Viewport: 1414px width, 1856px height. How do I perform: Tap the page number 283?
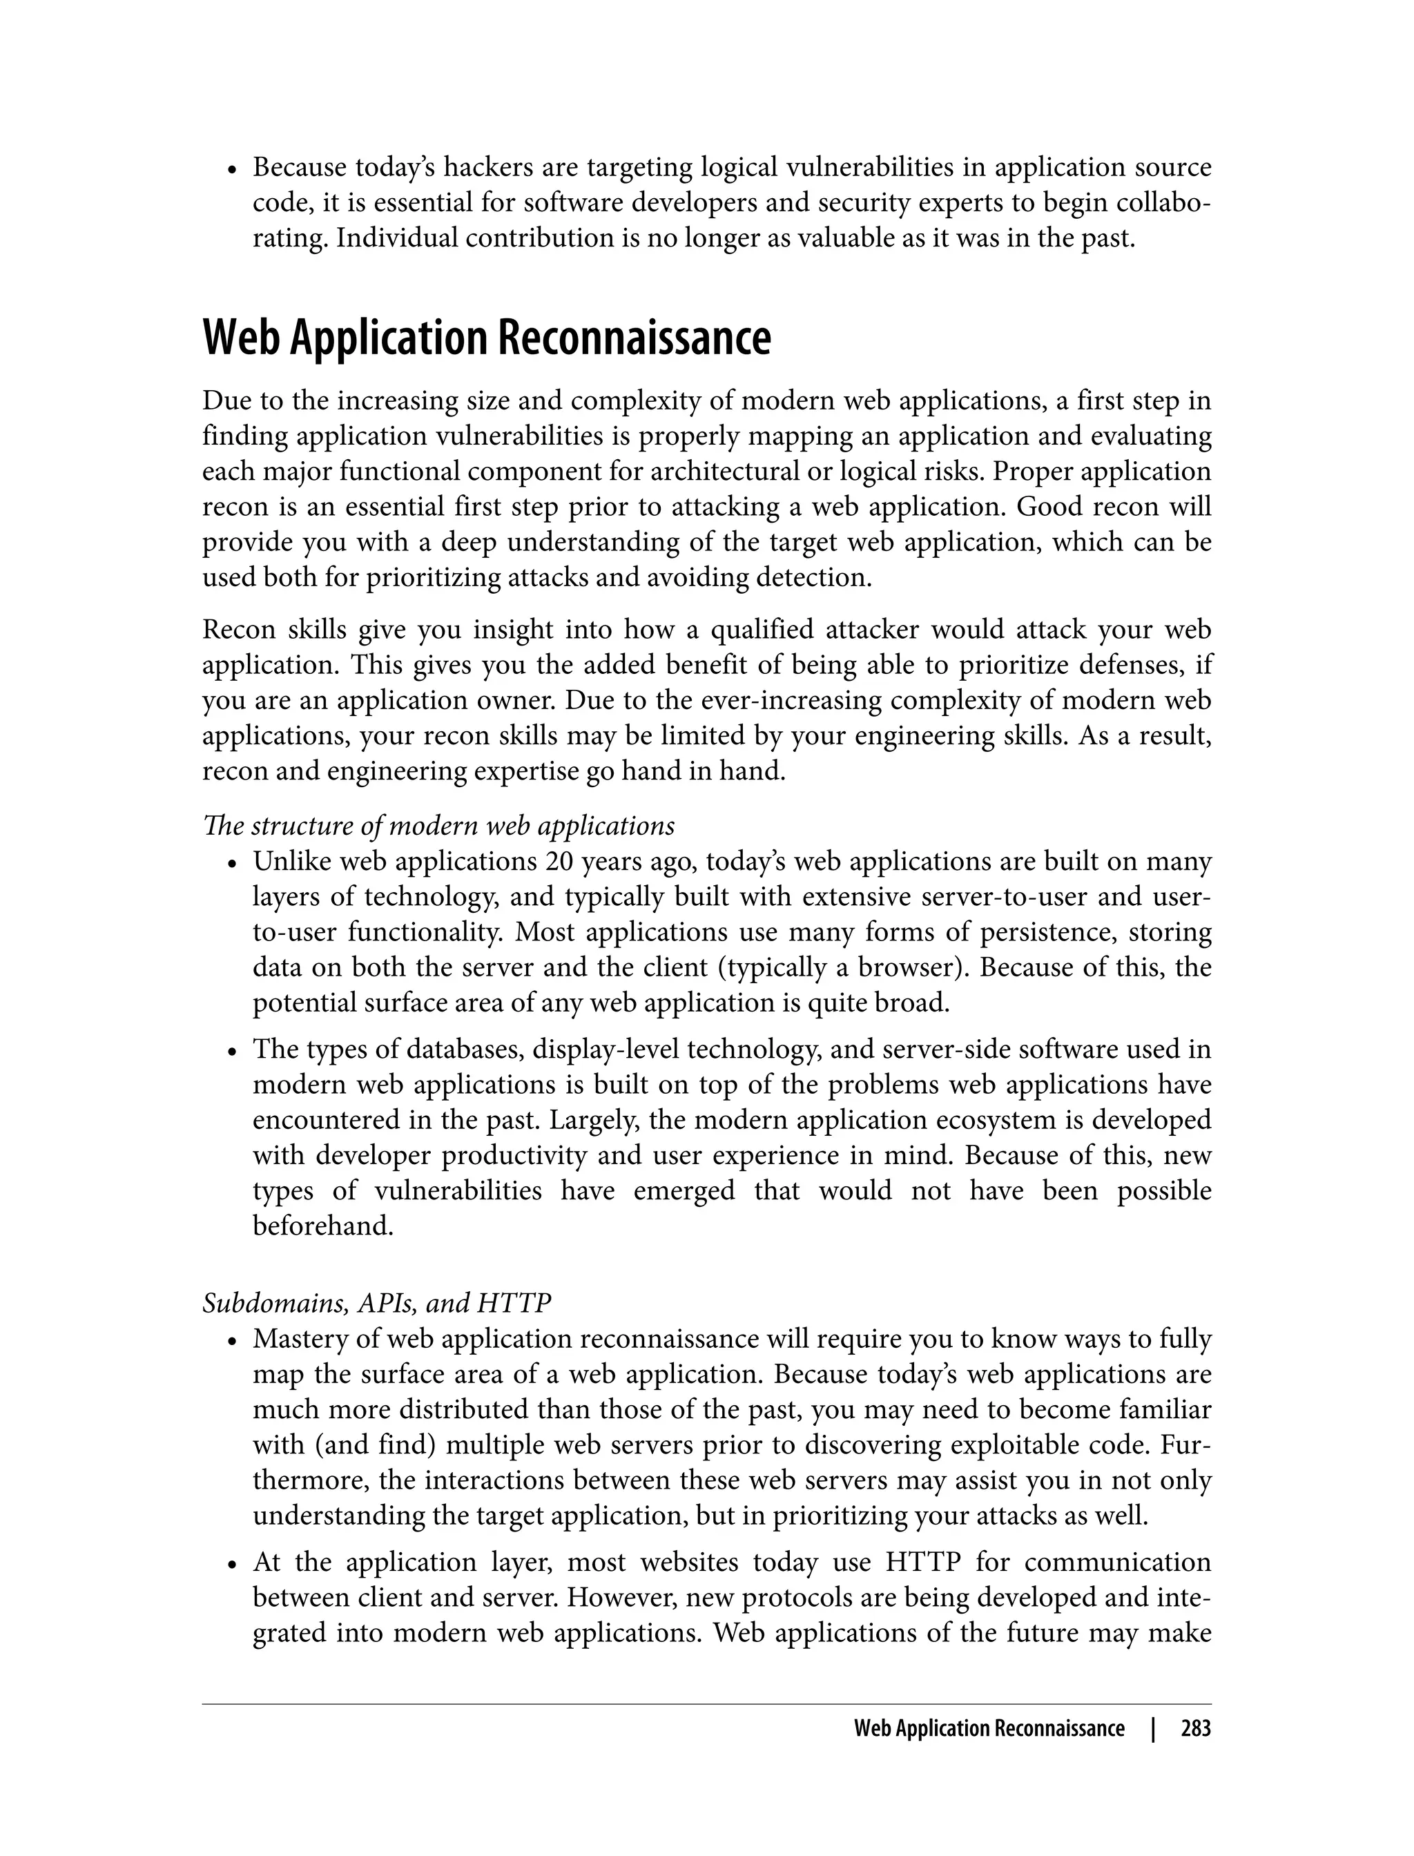pos(1195,1729)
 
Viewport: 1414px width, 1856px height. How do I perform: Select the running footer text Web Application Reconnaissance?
pos(988,1729)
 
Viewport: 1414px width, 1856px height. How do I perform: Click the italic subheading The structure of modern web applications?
pos(438,826)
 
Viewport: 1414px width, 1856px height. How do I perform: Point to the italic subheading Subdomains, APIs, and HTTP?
pos(376,1303)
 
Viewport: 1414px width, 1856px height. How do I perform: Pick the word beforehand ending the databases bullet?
pos(323,1226)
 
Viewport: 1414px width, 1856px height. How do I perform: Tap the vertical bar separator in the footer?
pos(1153,1729)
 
